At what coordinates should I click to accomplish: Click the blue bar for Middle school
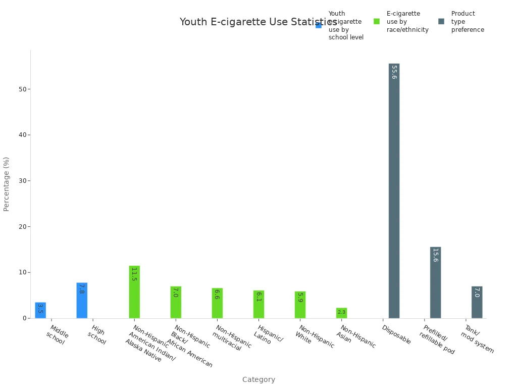40,310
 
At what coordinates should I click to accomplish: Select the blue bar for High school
82,300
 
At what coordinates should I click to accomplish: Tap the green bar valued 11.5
134,292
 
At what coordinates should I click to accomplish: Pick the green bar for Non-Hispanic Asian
342,313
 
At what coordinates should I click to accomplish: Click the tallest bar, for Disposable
394,190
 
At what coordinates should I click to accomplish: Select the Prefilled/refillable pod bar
435,282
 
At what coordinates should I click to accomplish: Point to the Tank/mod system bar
477,302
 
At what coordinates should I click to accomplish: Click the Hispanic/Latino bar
258,304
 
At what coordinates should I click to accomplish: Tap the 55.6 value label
394,72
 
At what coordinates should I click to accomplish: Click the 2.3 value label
342,312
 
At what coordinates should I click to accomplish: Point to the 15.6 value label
435,255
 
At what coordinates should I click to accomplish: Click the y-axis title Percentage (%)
7,184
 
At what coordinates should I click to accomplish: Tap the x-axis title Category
258,379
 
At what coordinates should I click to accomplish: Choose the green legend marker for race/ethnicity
377,21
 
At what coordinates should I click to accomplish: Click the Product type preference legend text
468,22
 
